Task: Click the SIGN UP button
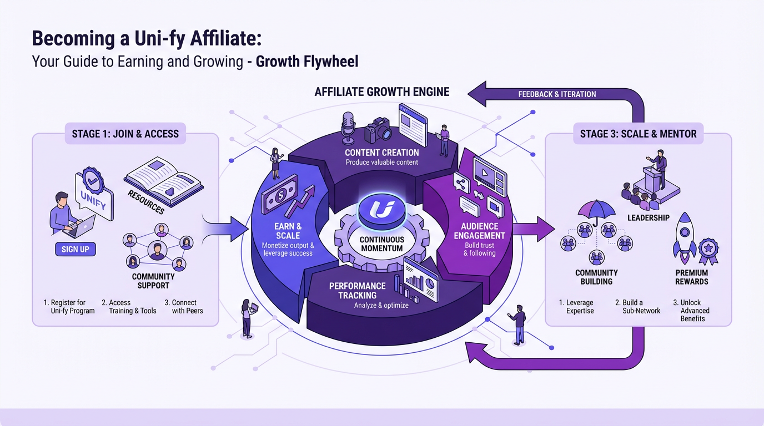76,249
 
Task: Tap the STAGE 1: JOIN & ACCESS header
125,134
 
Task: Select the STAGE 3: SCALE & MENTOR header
638,134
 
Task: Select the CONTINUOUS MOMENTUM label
382,244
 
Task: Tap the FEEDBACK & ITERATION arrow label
557,94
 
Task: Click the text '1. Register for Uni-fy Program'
69,307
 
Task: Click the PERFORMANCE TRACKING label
357,291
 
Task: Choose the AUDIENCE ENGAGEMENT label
479,231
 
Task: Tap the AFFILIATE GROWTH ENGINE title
382,92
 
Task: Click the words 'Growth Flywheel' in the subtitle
307,60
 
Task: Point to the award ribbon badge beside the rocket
708,250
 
